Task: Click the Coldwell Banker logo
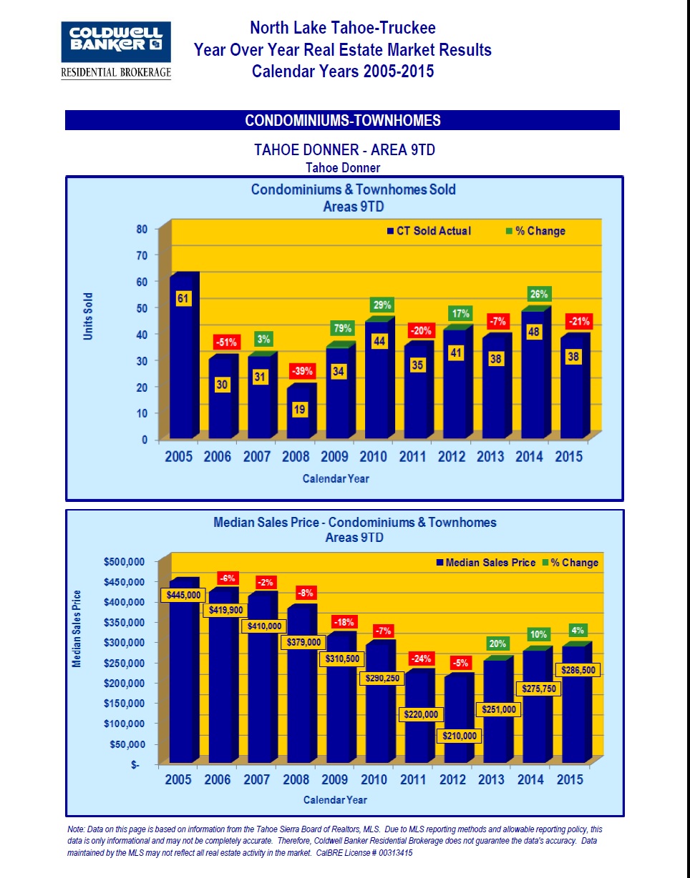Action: [x=116, y=50]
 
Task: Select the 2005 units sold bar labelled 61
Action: [x=183, y=357]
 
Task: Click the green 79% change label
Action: [x=341, y=329]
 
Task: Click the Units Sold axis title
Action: [x=89, y=315]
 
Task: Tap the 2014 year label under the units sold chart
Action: [x=530, y=457]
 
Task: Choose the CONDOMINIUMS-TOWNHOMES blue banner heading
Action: [x=342, y=120]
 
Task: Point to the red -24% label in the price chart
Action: [x=420, y=658]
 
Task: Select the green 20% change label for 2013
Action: [x=497, y=643]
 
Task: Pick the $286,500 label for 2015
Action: [x=577, y=671]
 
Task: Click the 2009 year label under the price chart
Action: [x=335, y=780]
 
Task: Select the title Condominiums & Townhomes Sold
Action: [x=353, y=189]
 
